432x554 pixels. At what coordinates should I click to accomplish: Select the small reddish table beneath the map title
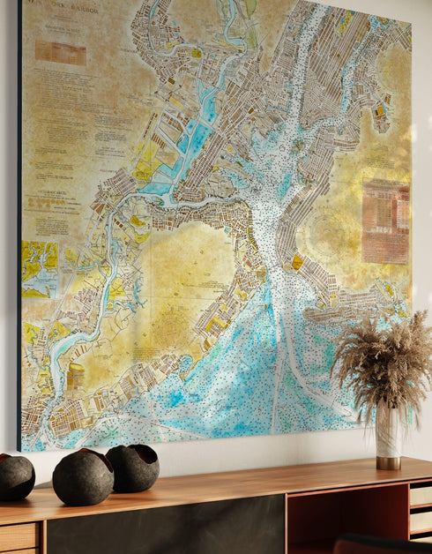pyautogui.click(x=60, y=52)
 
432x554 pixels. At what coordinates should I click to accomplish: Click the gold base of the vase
pyautogui.click(x=388, y=462)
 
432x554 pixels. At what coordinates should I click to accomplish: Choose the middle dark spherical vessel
pyautogui.click(x=83, y=477)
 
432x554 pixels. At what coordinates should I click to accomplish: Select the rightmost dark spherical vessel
pyautogui.click(x=134, y=468)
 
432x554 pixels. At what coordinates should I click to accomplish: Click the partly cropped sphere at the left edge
pyautogui.click(x=15, y=477)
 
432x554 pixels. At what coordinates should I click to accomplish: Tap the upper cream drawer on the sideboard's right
pyautogui.click(x=421, y=494)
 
